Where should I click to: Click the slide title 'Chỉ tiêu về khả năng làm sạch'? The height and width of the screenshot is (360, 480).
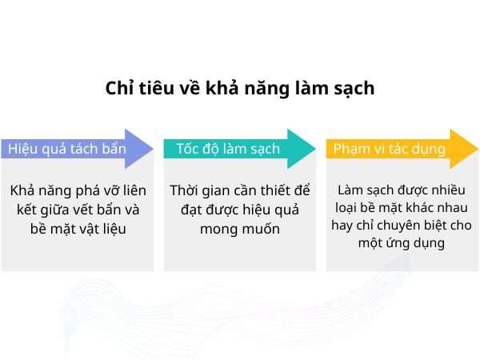click(239, 88)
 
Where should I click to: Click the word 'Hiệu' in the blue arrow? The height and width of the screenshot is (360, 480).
click(23, 150)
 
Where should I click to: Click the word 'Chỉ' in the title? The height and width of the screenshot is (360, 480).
click(119, 88)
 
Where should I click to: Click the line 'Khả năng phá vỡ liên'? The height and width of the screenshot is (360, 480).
click(78, 191)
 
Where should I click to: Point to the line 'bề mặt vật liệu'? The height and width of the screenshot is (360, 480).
click(78, 229)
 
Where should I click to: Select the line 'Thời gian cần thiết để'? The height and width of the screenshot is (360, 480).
click(240, 191)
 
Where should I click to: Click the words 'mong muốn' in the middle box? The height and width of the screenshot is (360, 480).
click(240, 229)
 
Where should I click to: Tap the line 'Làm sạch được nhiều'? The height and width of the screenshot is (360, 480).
click(402, 190)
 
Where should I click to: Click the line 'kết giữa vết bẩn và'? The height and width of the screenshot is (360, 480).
click(78, 210)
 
